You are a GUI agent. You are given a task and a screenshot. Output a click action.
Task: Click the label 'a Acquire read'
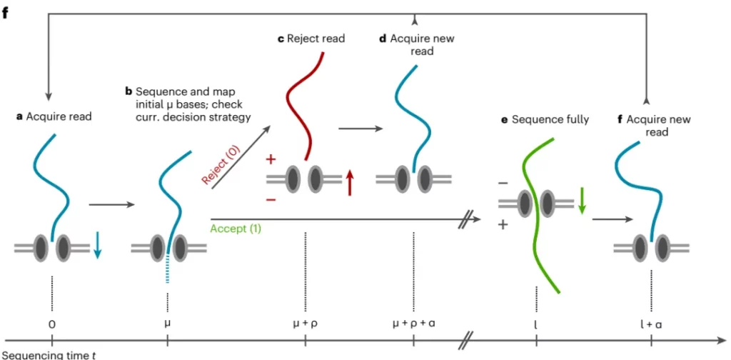54,116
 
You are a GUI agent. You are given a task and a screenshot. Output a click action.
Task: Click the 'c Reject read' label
311,38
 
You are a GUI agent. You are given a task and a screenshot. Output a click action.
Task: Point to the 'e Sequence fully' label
545,119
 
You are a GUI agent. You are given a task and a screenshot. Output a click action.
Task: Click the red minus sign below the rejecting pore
271,201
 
